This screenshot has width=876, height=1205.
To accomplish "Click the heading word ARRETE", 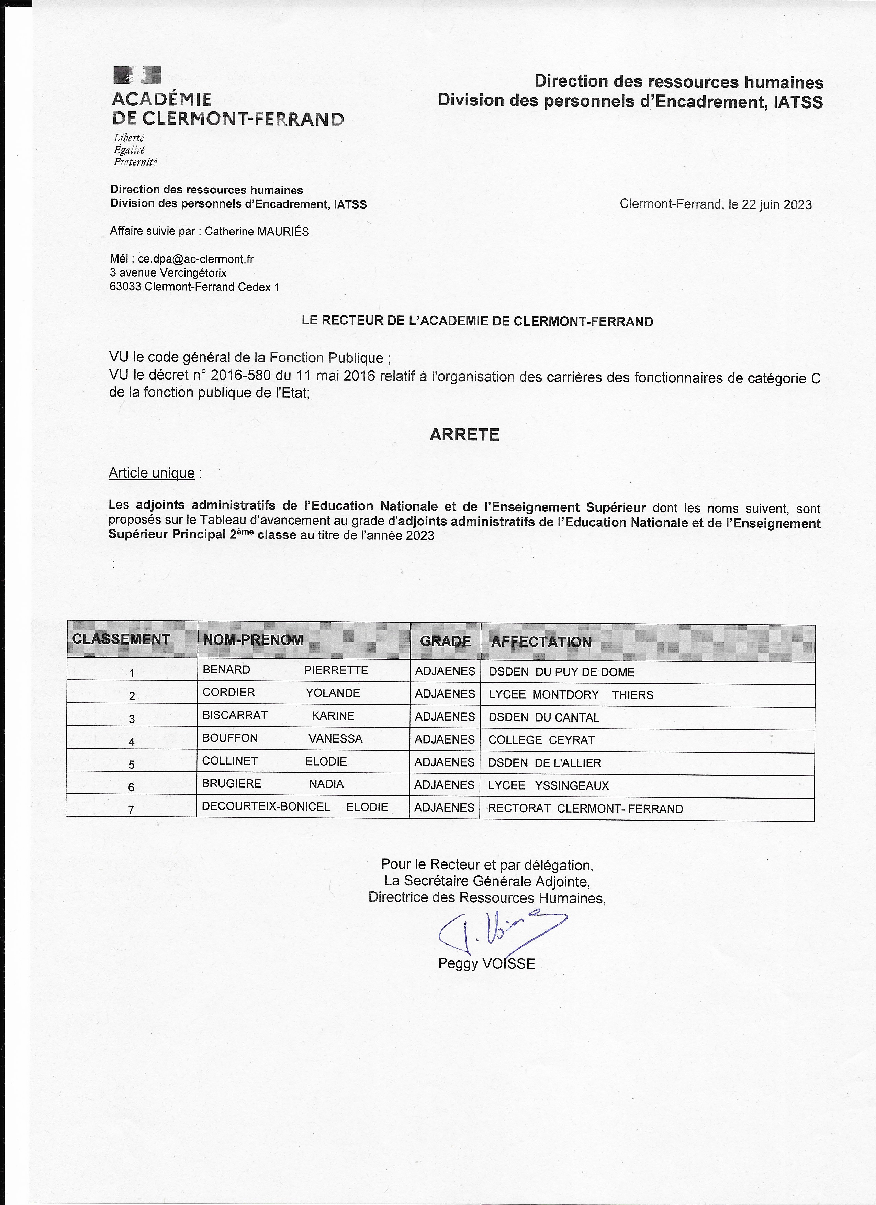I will click(464, 435).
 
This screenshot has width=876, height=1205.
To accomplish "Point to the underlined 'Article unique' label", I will click(151, 473).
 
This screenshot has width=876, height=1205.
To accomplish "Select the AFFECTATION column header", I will click(541, 642).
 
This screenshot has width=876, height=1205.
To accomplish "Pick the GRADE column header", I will click(445, 641).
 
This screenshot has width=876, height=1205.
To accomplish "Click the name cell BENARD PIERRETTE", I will click(285, 670).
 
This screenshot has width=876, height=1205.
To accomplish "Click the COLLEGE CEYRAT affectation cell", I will click(541, 740).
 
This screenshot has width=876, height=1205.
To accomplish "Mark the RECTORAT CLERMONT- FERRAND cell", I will click(585, 808).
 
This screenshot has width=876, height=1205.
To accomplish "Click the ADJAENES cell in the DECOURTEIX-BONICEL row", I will click(445, 807).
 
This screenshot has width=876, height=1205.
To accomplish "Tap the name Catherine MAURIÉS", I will click(257, 232).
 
